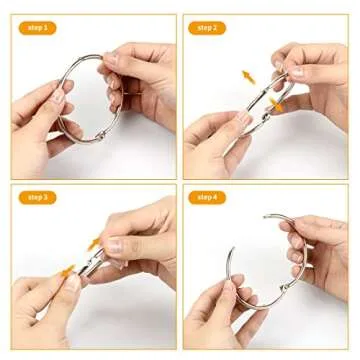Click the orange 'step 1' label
[36, 29]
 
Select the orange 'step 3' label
[36, 197]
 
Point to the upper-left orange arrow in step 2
[247, 76]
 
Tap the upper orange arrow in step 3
[96, 242]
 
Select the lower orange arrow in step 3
[68, 270]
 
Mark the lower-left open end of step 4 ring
[231, 250]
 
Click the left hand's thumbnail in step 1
[60, 97]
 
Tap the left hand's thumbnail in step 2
[243, 119]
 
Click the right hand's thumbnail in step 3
[115, 244]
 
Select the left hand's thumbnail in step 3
[72, 284]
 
